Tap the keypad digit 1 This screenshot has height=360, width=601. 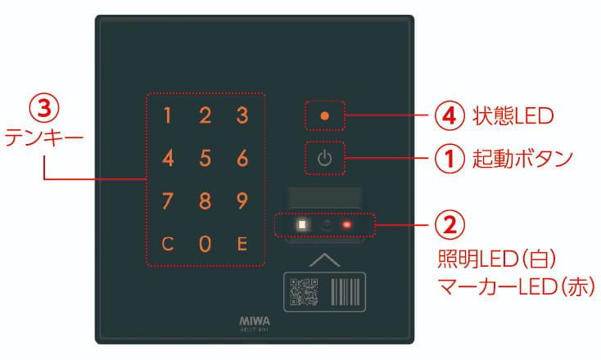click(x=168, y=115)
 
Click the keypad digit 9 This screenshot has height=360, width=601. click(x=242, y=200)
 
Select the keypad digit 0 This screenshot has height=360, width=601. click(x=206, y=243)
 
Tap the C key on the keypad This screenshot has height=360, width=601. click(x=168, y=243)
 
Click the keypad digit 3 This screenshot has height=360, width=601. click(x=242, y=115)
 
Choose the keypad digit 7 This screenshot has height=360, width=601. click(x=168, y=200)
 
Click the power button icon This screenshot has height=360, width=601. click(x=325, y=158)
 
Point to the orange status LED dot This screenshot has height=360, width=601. click(x=325, y=115)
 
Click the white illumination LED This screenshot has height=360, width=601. click(x=302, y=224)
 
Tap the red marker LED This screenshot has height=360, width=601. click(x=347, y=224)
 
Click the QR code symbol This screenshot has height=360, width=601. click(x=303, y=290)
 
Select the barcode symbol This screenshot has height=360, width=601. click(x=346, y=290)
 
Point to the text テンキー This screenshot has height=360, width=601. click(x=43, y=137)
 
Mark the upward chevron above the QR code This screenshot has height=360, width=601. click(x=325, y=259)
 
